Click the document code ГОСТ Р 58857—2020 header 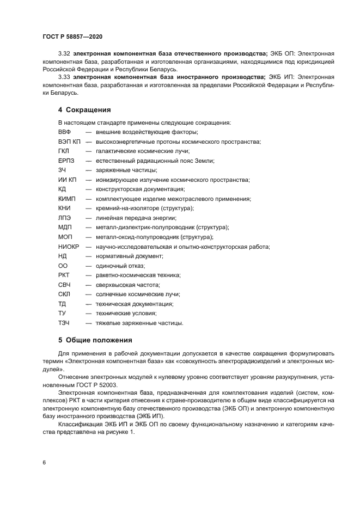click(72, 36)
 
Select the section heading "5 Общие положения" click(95, 340)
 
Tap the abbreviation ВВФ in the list click(65, 132)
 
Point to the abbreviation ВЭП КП click(69, 142)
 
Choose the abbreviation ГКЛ click(64, 151)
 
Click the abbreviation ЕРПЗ click(66, 161)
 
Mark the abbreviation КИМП click(67, 199)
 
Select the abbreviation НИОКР click(69, 247)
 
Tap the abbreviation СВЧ click(65, 285)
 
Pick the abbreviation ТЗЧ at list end click(64, 323)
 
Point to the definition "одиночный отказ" click(120, 266)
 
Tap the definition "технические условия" click(126, 313)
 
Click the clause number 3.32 click(65, 54)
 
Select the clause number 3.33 click(65, 77)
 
